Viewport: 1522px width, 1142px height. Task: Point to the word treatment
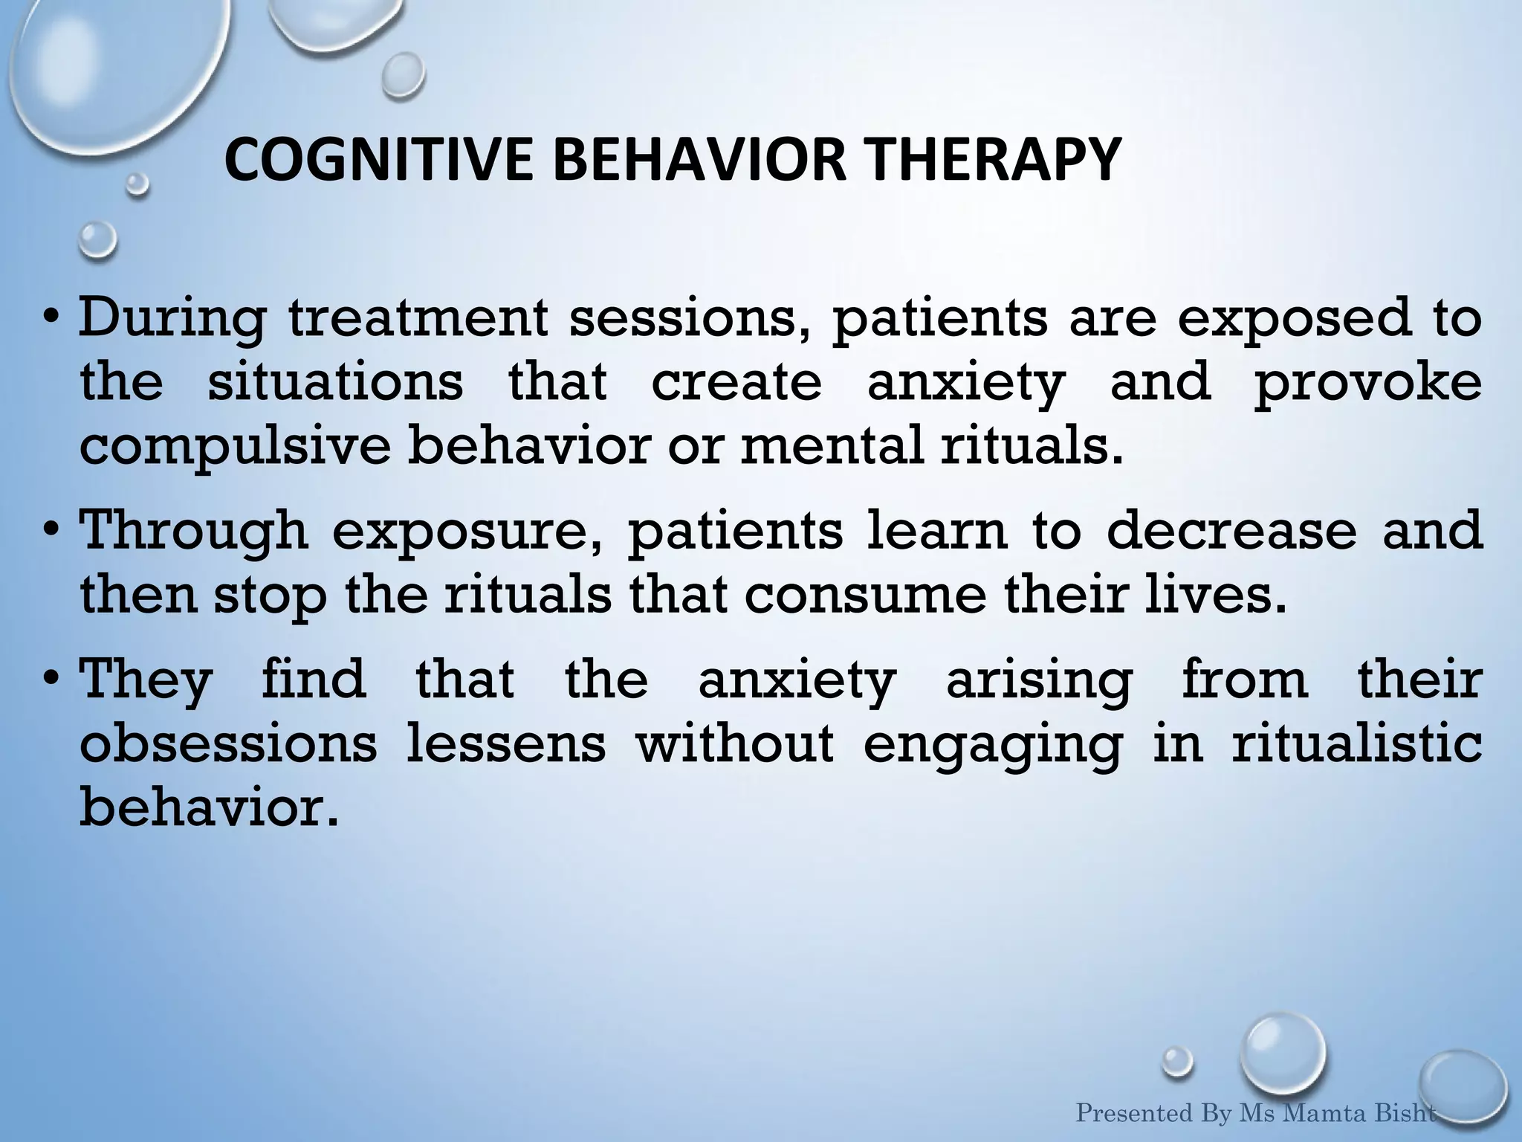[418, 317]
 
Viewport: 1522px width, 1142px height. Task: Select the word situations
[334, 382]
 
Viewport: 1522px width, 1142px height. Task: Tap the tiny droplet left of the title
[137, 184]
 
